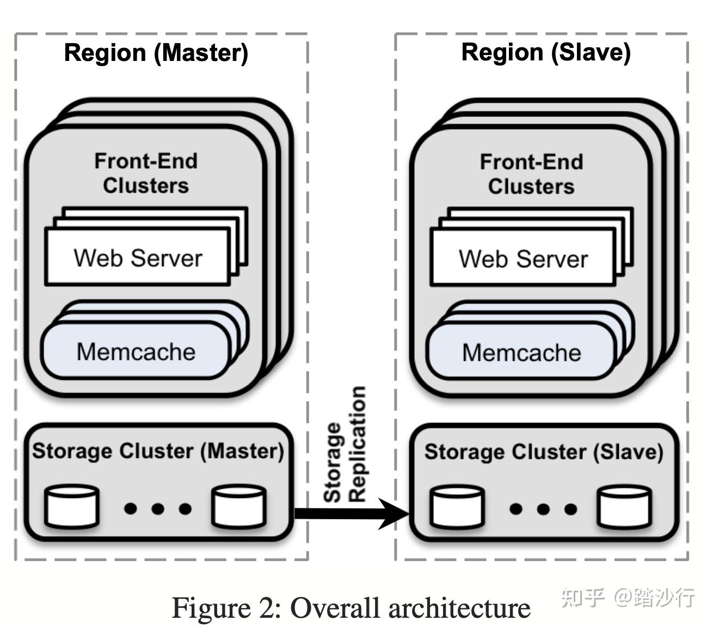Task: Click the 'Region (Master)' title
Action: click(156, 53)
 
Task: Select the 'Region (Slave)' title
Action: click(545, 52)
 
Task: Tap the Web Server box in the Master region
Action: click(138, 257)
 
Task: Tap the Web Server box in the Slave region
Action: click(523, 259)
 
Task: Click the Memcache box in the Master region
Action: click(136, 352)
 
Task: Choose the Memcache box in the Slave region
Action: click(521, 353)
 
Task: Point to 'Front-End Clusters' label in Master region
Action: click(146, 173)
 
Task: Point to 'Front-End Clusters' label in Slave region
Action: click(531, 174)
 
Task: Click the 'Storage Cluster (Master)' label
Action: click(158, 451)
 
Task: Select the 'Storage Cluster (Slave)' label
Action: click(544, 452)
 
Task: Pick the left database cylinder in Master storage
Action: click(72, 507)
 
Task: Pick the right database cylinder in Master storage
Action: click(239, 507)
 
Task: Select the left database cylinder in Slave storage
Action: click(457, 507)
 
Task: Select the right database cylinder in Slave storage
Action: click(624, 507)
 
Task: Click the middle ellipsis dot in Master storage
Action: click(158, 509)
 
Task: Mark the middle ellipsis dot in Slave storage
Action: click(543, 509)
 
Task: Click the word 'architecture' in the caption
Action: click(459, 607)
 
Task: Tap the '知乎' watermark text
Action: click(582, 597)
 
